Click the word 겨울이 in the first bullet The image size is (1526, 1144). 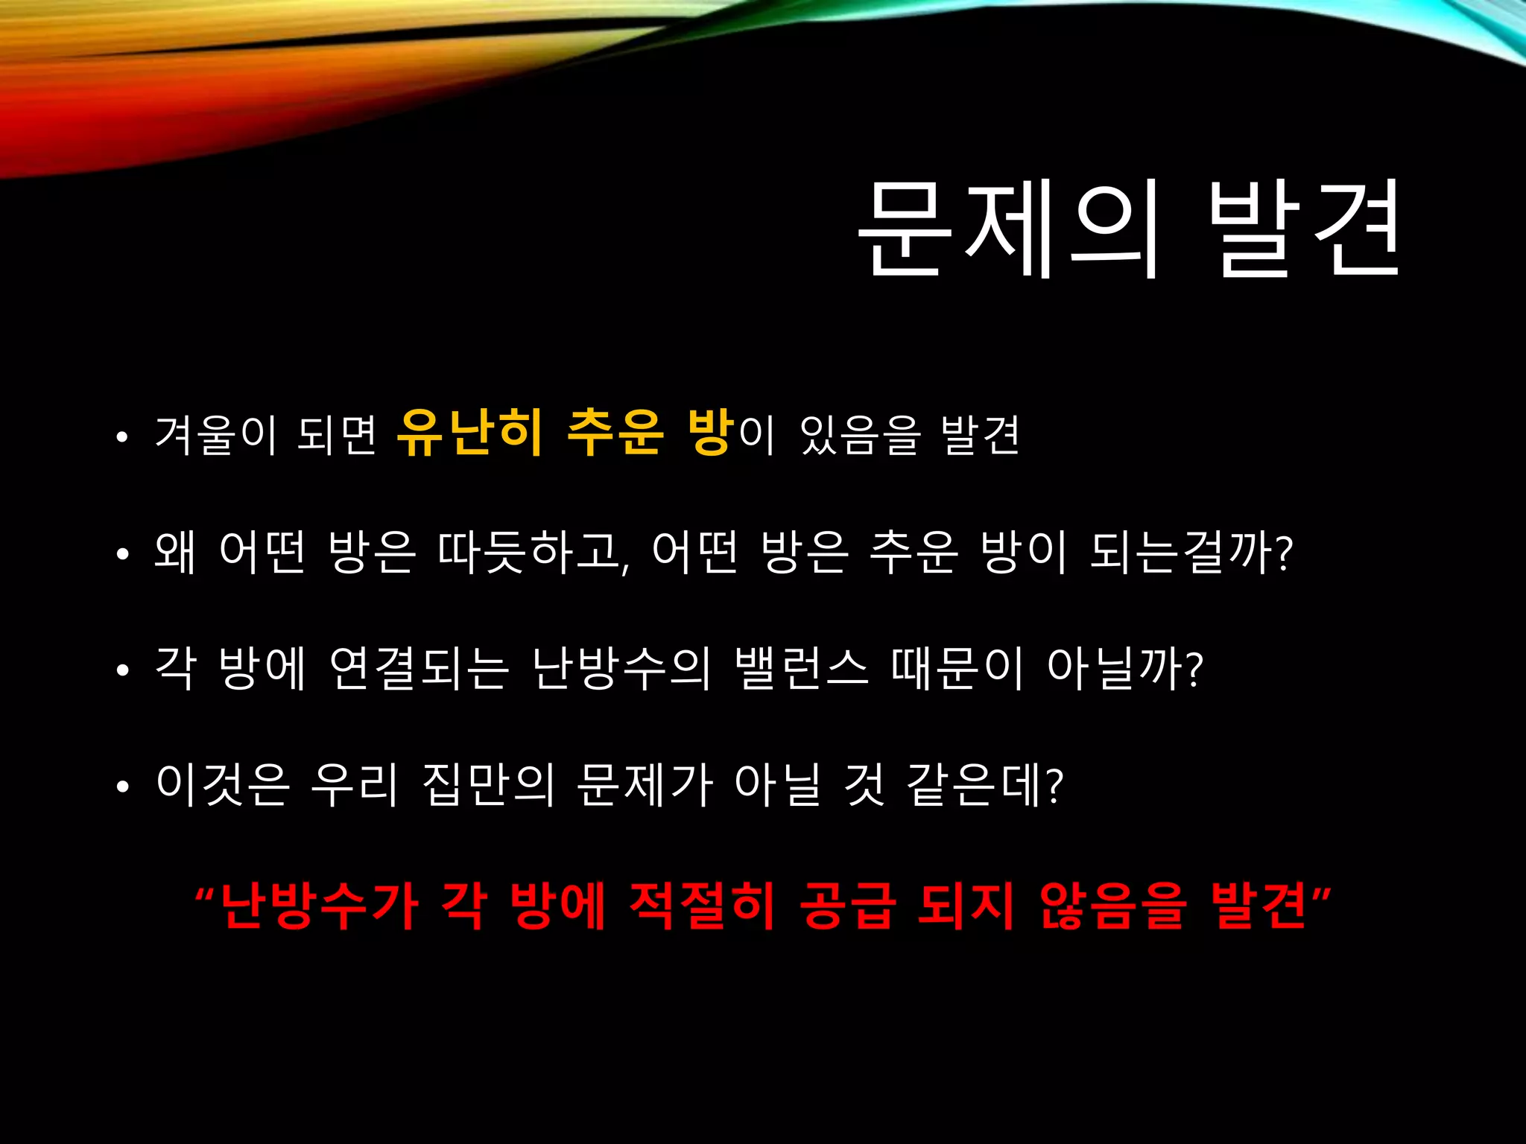point(216,435)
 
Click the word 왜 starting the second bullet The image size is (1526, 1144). point(175,552)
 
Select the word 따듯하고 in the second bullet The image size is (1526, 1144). point(534,552)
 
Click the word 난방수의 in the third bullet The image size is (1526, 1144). point(621,668)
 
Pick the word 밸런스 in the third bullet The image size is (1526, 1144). point(801,668)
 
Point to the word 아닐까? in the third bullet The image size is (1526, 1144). point(1125,668)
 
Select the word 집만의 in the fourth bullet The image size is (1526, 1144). point(488,785)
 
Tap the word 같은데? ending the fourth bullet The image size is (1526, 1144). point(984,785)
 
